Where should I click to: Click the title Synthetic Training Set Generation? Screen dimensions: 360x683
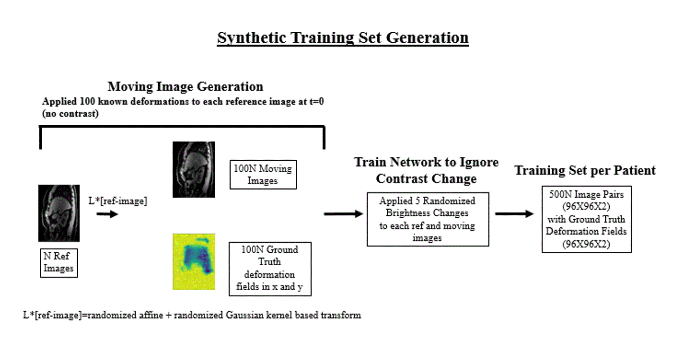tap(343, 37)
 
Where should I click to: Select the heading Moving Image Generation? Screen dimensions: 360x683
tap(185, 86)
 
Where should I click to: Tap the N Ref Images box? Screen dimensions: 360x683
tap(59, 262)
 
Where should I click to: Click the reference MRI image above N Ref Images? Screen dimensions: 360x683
tap(59, 213)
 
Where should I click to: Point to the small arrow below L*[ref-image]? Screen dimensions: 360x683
tap(107, 214)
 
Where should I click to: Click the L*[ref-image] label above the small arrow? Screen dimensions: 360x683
tap(118, 201)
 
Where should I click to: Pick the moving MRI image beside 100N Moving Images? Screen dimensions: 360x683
tap(193, 169)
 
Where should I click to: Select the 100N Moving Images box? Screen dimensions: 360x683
tap(263, 175)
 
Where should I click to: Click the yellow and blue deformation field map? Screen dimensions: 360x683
tap(193, 261)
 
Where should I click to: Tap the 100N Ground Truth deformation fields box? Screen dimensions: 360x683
tap(270, 268)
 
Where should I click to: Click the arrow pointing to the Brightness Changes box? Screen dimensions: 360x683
tap(343, 214)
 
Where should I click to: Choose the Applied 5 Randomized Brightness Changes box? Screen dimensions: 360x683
tap(428, 219)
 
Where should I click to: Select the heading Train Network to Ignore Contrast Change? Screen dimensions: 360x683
tap(426, 171)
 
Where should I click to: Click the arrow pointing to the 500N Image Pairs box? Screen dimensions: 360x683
tap(514, 214)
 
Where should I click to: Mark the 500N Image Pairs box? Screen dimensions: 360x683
tap(586, 219)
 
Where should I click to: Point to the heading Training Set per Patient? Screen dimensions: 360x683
tap(585, 170)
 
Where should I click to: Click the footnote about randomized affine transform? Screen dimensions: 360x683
tap(192, 315)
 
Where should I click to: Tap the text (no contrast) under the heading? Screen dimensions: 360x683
tap(70, 114)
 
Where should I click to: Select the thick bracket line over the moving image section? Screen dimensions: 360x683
tap(182, 127)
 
